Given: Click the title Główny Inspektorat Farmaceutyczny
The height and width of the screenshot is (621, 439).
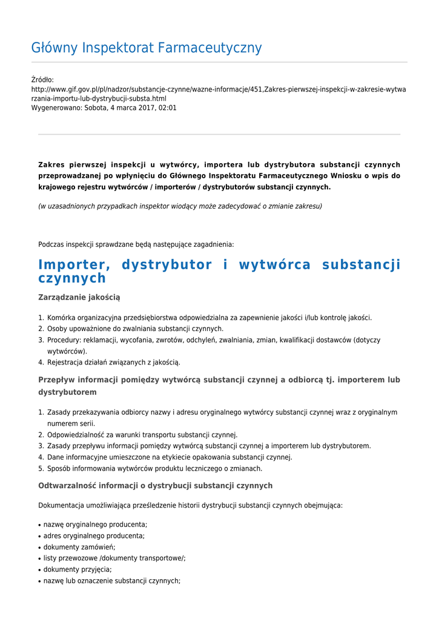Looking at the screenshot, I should [146, 48].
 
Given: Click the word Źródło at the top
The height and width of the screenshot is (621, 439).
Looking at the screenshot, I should [42, 80].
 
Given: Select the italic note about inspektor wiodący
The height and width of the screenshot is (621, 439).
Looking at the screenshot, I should [180, 206].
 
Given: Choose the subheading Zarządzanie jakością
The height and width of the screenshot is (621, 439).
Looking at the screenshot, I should [79, 297].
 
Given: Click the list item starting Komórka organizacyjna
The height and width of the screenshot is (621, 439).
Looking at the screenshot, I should [209, 318].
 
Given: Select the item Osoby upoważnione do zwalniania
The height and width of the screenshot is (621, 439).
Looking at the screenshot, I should [135, 329].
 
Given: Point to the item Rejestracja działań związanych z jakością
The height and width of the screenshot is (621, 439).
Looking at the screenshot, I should [113, 362].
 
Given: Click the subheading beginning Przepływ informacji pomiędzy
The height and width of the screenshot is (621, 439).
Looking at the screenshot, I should [219, 380].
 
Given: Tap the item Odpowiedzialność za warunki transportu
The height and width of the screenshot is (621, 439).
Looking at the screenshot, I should [142, 435].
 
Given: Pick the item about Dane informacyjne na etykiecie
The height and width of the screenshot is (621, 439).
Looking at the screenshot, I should [170, 457].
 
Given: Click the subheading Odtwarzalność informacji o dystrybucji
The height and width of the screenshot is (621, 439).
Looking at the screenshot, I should [155, 486].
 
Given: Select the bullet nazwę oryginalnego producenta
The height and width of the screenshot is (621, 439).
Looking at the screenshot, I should [95, 525].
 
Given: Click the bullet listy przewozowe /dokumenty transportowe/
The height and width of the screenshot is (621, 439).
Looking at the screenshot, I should [114, 559].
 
